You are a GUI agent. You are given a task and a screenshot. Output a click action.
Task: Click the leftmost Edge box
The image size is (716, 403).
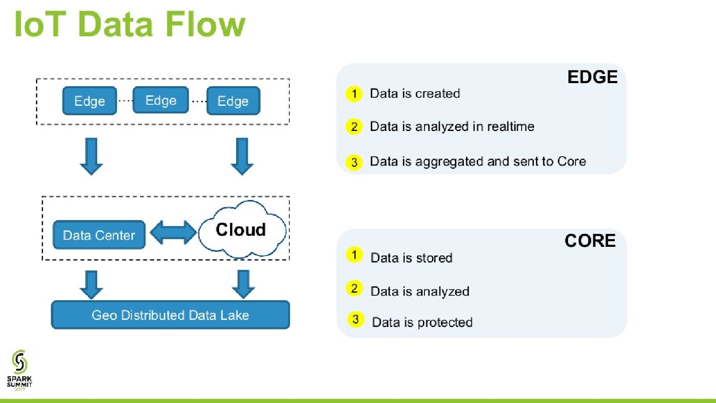point(89,101)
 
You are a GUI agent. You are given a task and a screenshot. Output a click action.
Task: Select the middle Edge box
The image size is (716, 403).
point(161,100)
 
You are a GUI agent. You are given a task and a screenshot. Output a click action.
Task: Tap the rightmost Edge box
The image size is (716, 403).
point(233,101)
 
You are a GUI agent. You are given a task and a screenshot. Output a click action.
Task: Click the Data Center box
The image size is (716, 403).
point(99,235)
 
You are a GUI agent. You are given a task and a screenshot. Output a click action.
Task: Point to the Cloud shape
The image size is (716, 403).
point(241,230)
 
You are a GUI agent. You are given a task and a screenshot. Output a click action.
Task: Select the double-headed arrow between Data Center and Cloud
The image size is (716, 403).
point(173,232)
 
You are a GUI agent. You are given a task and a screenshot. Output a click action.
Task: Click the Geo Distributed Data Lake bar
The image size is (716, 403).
point(170,315)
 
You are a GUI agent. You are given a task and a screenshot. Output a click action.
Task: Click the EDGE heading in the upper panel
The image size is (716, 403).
point(592,77)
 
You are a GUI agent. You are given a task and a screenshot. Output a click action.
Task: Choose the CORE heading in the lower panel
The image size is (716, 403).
point(590,241)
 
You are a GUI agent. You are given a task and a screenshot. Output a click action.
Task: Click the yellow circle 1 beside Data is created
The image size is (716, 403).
point(354,94)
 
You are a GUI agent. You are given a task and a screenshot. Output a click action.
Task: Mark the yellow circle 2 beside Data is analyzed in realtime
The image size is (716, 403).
point(354,126)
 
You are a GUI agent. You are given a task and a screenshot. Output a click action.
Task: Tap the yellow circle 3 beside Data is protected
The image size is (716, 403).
point(355,319)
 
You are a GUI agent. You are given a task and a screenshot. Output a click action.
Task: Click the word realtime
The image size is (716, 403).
point(510,126)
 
